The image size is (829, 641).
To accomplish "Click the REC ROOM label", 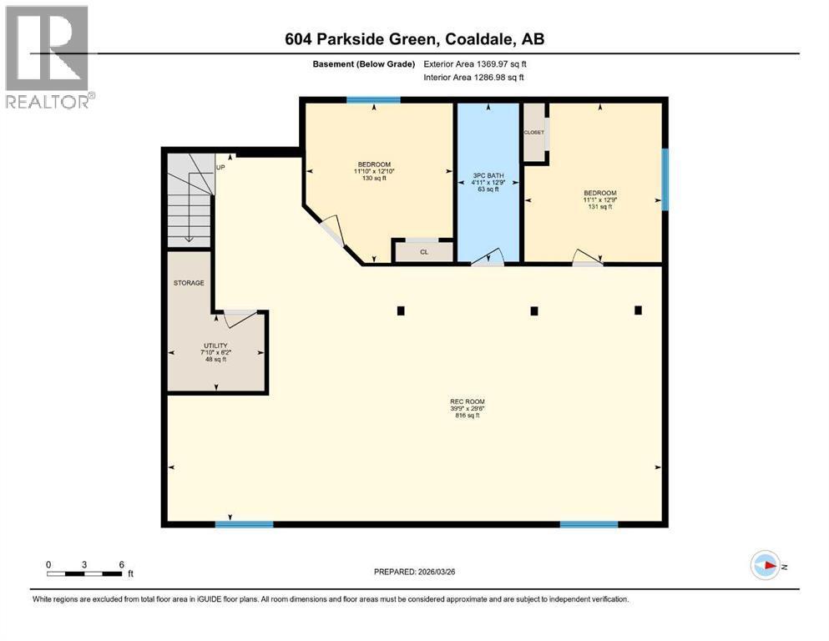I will coord(467,401).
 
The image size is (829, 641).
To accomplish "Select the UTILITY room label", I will coord(216,346).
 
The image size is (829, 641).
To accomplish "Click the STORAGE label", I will coord(189,283).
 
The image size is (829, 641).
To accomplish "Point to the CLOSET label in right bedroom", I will coord(533,133).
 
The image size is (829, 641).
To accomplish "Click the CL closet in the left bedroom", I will coord(424,251).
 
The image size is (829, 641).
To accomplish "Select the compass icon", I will coord(765,566).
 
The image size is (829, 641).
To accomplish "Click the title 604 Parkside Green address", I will coord(414,39).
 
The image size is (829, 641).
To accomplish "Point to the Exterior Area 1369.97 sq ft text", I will coord(475,63).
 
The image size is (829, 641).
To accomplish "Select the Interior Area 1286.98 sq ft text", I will coord(475,78).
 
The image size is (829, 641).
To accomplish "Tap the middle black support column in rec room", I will coord(534,311).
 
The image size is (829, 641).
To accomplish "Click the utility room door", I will coord(240,315).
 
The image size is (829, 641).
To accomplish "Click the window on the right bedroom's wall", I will coord(665,179).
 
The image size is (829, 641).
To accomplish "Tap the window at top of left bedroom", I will coord(373,100).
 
